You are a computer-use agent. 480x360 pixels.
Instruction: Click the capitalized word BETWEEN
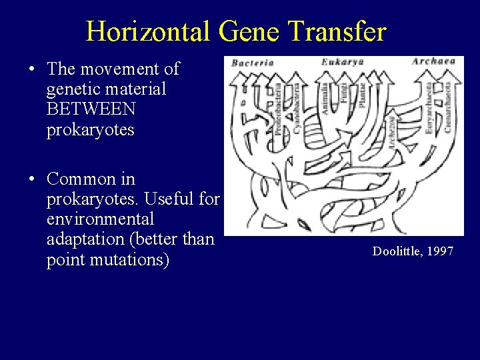click(91, 108)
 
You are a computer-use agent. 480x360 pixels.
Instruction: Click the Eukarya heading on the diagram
click(343, 62)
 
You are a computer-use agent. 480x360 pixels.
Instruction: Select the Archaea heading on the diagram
click(433, 61)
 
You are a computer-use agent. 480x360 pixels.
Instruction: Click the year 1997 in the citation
click(440, 251)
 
